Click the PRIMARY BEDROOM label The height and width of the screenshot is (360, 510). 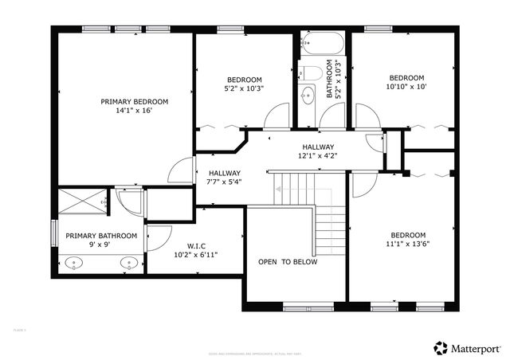click(134, 101)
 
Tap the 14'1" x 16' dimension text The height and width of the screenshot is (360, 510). click(134, 111)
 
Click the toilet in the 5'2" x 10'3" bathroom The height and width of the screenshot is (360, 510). click(314, 73)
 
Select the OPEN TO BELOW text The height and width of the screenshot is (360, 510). click(287, 262)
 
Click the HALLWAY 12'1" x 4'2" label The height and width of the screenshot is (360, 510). click(317, 151)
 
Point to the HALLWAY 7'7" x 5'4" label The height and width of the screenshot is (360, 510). click(224, 177)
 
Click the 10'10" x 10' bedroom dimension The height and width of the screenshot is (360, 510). click(406, 86)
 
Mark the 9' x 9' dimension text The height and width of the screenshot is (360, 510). click(100, 245)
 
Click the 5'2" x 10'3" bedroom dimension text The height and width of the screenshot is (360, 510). click(245, 88)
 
